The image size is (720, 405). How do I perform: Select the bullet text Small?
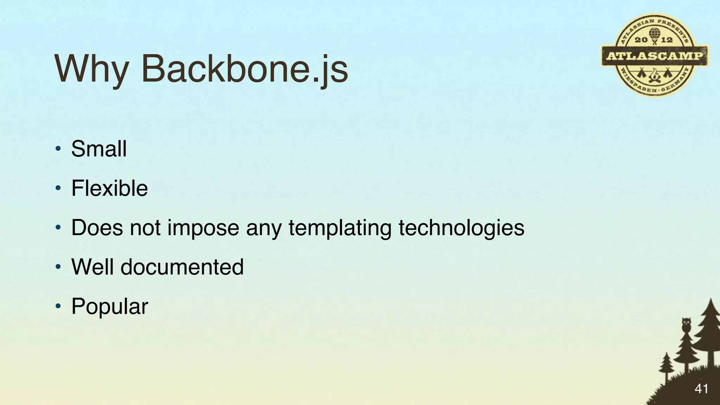[99, 149]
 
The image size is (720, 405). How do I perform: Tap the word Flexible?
[109, 188]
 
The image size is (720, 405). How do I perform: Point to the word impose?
[203, 228]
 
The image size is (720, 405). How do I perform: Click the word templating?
[340, 228]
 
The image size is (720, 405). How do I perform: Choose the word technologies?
[461, 228]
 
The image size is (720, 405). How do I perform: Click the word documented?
[182, 267]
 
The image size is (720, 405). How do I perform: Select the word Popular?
[110, 307]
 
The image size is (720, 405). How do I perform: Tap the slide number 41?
[701, 388]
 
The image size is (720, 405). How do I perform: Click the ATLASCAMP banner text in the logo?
[655, 56]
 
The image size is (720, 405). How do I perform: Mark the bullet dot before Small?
[58, 149]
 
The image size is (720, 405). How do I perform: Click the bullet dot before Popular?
[58, 306]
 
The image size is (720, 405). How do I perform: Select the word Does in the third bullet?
[97, 228]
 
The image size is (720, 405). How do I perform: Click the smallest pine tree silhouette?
[666, 366]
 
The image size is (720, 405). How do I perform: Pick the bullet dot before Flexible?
[58, 188]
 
